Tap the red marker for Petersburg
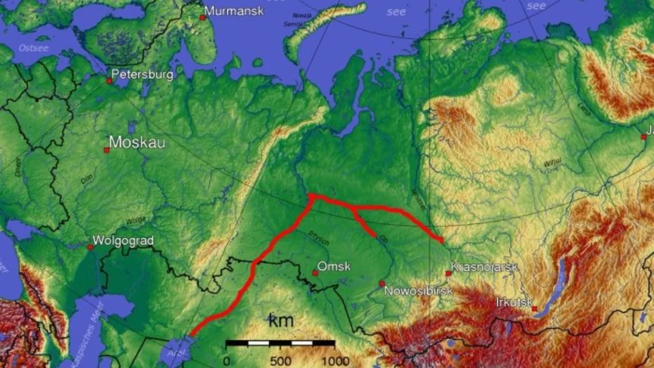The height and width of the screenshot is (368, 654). click(109, 81)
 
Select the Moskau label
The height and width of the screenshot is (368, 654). click(137, 142)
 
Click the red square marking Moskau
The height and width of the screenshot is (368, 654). click(106, 150)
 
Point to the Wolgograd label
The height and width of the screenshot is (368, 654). click(123, 240)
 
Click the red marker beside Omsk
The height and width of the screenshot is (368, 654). click(315, 273)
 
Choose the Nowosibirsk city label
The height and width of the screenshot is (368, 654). click(418, 291)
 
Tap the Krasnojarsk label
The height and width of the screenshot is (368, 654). click(484, 267)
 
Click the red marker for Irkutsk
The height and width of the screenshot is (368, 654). click(534, 309)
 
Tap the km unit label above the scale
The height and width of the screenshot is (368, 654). click(281, 321)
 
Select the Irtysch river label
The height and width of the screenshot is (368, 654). click(319, 238)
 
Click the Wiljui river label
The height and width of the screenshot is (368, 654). click(552, 163)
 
